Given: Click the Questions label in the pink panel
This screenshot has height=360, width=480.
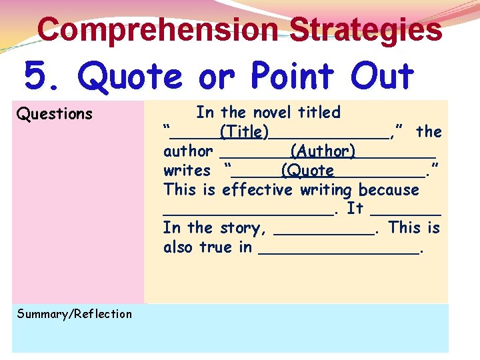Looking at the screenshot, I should tap(55, 114).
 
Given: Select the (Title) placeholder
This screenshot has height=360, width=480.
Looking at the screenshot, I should tap(245, 132).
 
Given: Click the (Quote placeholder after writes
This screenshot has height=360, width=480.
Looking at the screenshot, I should tap(307, 171).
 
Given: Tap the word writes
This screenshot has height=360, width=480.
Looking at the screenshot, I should tap(187, 171).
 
